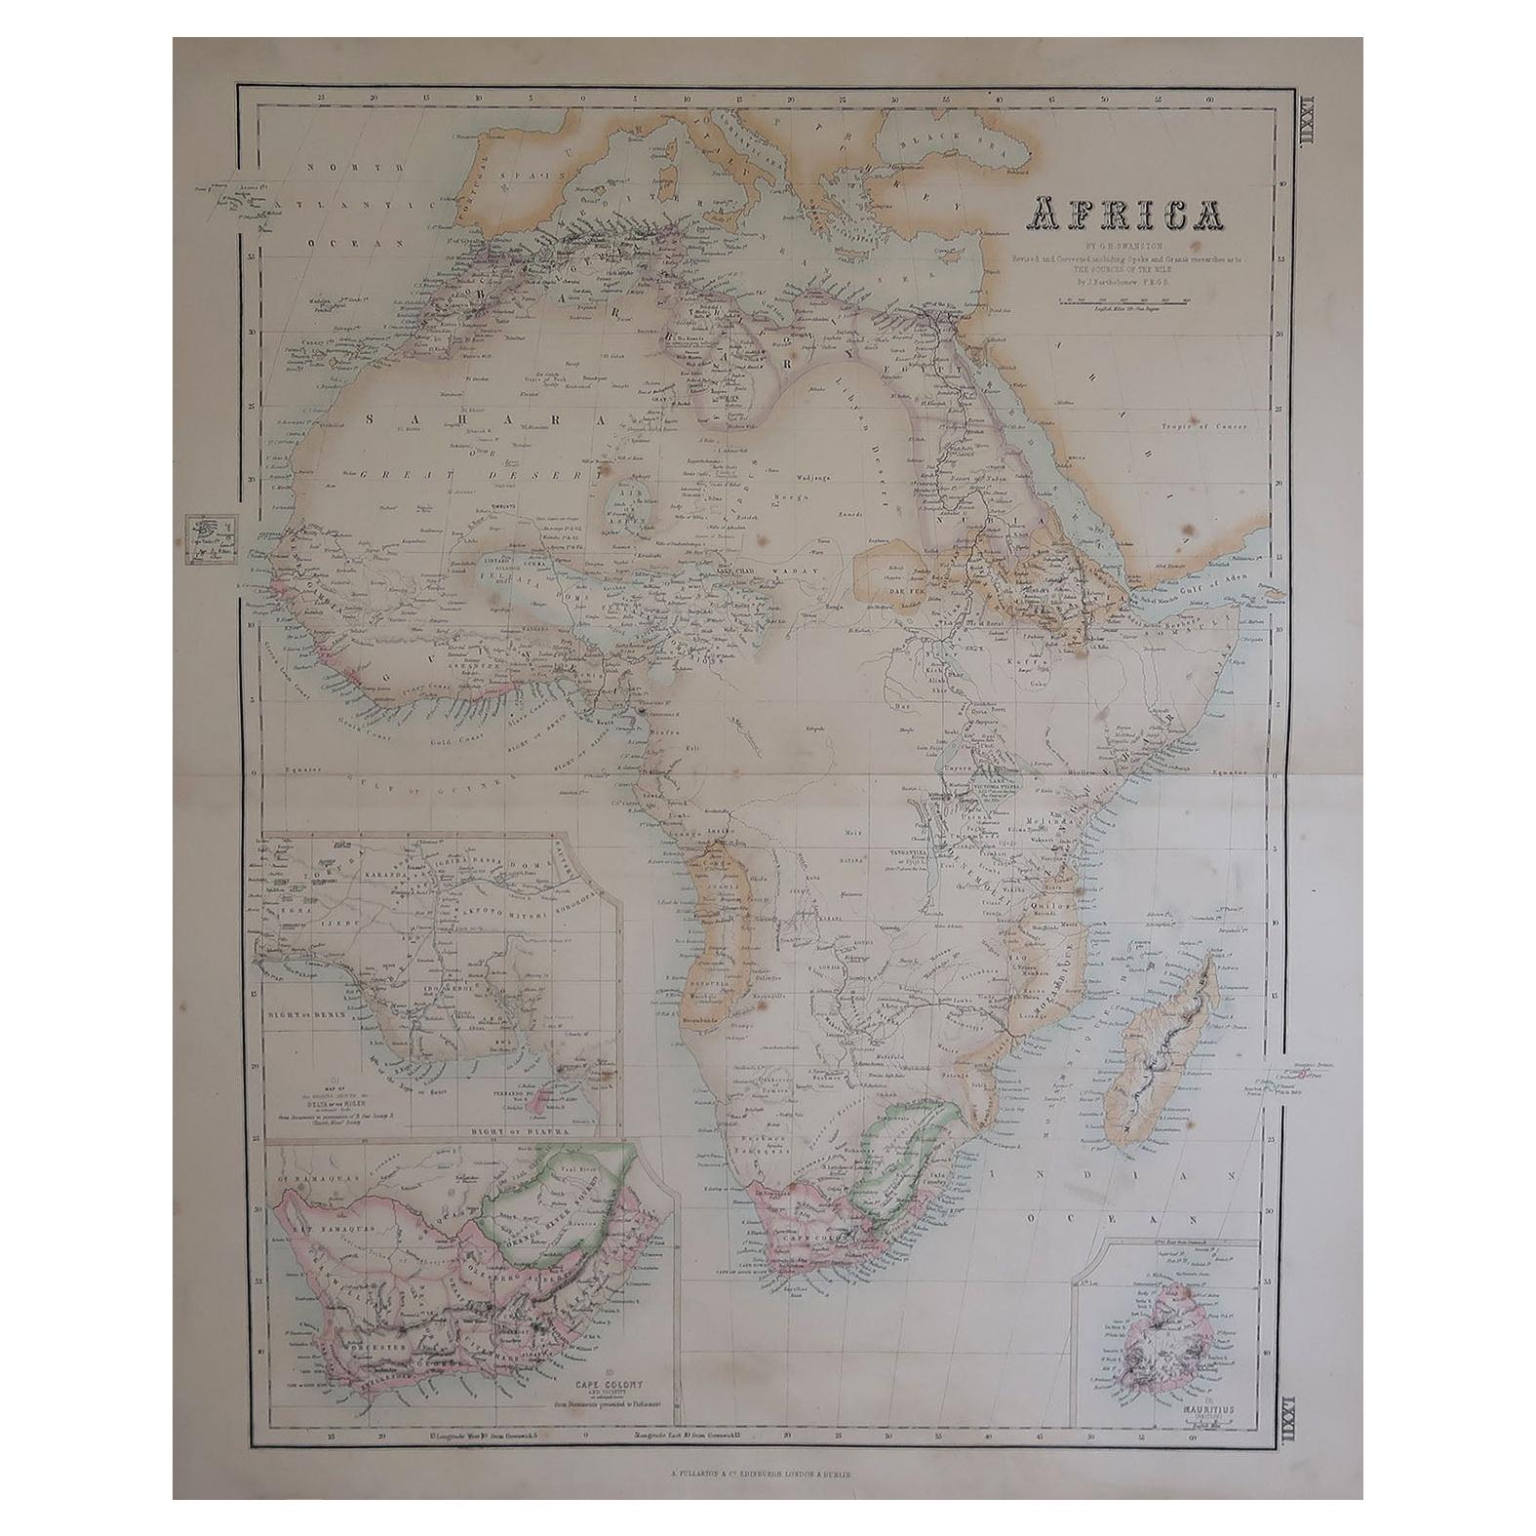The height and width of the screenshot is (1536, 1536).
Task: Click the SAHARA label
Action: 400,417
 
